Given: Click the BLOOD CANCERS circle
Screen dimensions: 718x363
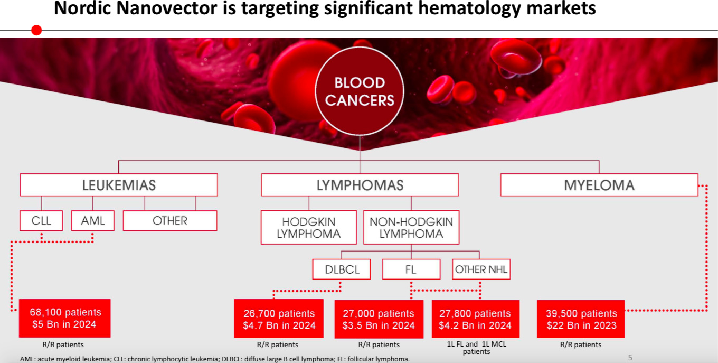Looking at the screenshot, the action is tap(360, 91).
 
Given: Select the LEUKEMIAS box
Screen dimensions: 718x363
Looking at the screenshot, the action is tap(119, 185).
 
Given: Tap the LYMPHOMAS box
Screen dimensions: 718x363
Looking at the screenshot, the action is tap(360, 185).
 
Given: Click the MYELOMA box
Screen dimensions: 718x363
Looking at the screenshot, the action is tap(599, 185).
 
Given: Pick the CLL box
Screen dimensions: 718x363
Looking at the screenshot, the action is tap(41, 221).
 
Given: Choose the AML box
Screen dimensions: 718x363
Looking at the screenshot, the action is tap(92, 221).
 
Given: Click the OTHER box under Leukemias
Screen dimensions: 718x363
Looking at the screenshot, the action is tap(170, 221).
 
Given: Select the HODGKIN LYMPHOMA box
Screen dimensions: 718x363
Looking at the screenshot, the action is tap(309, 227).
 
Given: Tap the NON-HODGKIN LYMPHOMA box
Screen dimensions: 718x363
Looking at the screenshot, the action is tap(411, 227).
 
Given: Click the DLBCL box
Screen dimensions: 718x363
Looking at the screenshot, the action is tap(342, 269).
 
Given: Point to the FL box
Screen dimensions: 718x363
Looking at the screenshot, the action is tap(411, 269).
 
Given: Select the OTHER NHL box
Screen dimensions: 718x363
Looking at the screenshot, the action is tap(481, 269).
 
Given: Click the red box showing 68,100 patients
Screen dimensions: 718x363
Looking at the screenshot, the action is tap(65, 318).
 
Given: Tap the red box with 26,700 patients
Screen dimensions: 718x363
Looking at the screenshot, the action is tap(279, 319).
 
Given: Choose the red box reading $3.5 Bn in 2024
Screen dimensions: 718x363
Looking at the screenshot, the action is tap(379, 319).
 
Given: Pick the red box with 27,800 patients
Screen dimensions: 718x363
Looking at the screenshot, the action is tap(476, 319).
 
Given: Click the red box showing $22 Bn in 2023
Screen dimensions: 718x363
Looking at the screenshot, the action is tap(581, 319).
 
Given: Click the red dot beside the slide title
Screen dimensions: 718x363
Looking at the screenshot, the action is tap(36, 30).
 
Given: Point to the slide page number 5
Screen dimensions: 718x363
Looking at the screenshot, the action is tap(630, 358).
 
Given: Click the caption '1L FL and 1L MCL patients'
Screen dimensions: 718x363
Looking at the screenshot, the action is tap(476, 348).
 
